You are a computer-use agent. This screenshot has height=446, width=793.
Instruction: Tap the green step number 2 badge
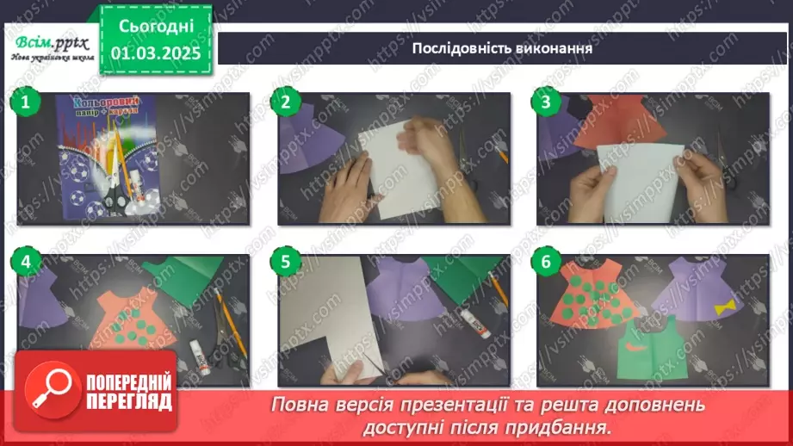tap(285, 102)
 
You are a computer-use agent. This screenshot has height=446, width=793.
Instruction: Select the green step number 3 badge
tap(545, 102)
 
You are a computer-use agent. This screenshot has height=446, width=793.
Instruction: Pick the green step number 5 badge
tap(285, 263)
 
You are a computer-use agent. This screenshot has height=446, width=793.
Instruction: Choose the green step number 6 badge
tap(545, 263)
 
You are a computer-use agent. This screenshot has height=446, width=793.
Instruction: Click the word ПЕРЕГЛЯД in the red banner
tap(129, 401)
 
